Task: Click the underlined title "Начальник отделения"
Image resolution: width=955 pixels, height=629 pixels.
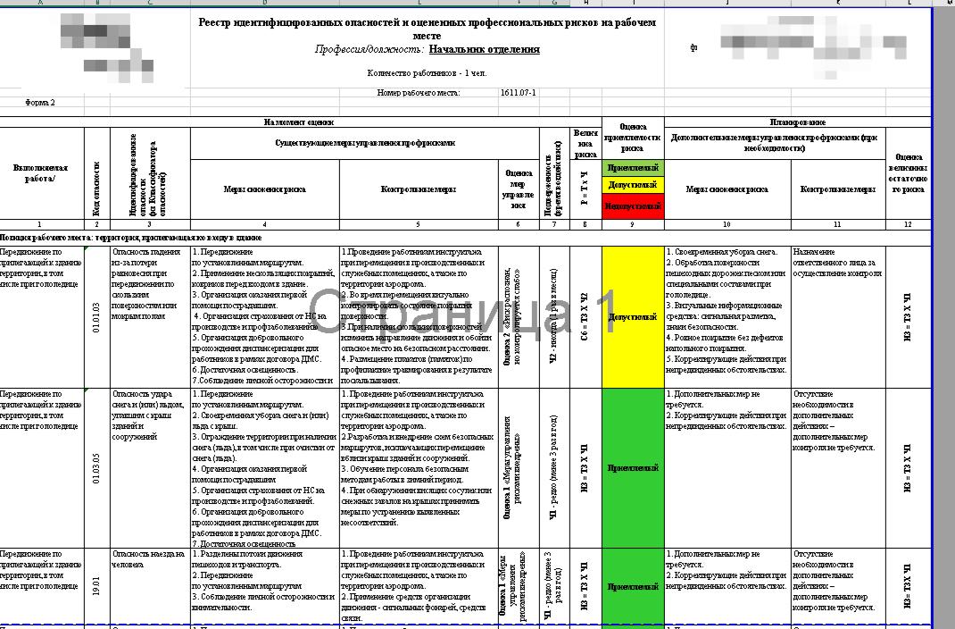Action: coord(484,50)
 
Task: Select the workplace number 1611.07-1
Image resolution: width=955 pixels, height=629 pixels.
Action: coord(518,92)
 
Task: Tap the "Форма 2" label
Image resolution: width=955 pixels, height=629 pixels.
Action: coord(40,103)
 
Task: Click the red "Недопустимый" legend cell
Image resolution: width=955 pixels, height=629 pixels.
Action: coord(633,206)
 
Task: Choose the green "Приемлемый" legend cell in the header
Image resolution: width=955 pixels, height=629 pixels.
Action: coord(633,167)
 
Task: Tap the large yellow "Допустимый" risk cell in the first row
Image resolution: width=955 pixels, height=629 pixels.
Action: coord(633,316)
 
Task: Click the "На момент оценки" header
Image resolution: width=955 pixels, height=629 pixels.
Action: coord(299,122)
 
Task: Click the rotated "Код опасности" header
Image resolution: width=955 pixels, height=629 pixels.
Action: coord(96,188)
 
